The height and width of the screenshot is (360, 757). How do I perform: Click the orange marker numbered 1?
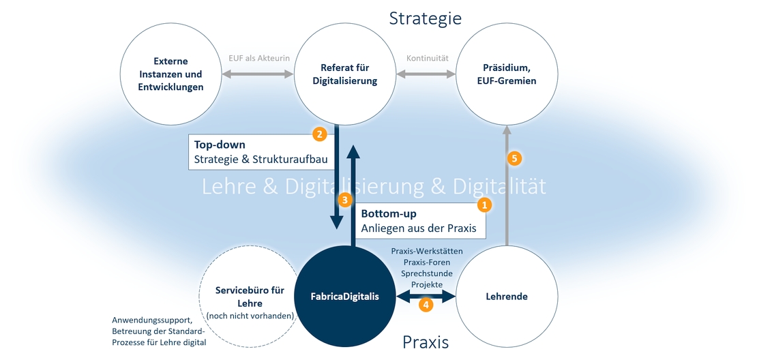(484, 204)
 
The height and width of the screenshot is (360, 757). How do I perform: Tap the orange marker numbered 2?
(318, 134)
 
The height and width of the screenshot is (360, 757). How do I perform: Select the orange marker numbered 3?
(346, 200)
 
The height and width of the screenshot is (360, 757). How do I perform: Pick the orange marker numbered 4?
(426, 305)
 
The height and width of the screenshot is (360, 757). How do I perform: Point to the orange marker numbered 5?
(515, 158)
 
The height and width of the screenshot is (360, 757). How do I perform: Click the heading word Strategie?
(425, 18)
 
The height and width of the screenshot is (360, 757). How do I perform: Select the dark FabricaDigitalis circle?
(345, 297)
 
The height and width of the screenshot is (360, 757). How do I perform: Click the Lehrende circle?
(507, 297)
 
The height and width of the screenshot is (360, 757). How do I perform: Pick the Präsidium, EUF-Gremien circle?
(506, 74)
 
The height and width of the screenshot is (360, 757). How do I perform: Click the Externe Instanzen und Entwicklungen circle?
(170, 74)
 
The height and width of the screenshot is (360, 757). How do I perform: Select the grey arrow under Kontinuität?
(428, 73)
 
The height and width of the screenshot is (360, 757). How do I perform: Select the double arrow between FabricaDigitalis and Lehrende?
(426, 296)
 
